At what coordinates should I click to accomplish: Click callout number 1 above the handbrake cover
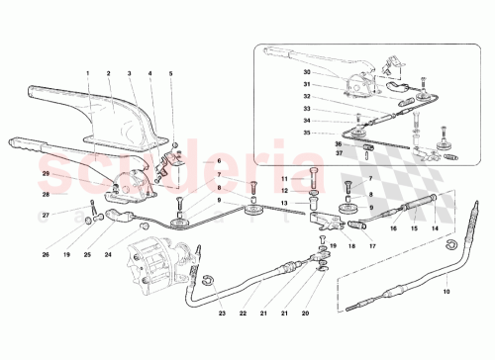click(87, 73)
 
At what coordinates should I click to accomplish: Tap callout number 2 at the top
click(108, 73)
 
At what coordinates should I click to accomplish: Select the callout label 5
click(170, 73)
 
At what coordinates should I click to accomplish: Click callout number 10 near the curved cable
click(445, 291)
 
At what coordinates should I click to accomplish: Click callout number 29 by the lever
click(45, 175)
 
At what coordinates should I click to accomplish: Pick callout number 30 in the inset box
click(308, 73)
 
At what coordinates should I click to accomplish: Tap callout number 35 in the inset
click(308, 132)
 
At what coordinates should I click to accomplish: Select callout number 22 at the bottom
click(242, 314)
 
